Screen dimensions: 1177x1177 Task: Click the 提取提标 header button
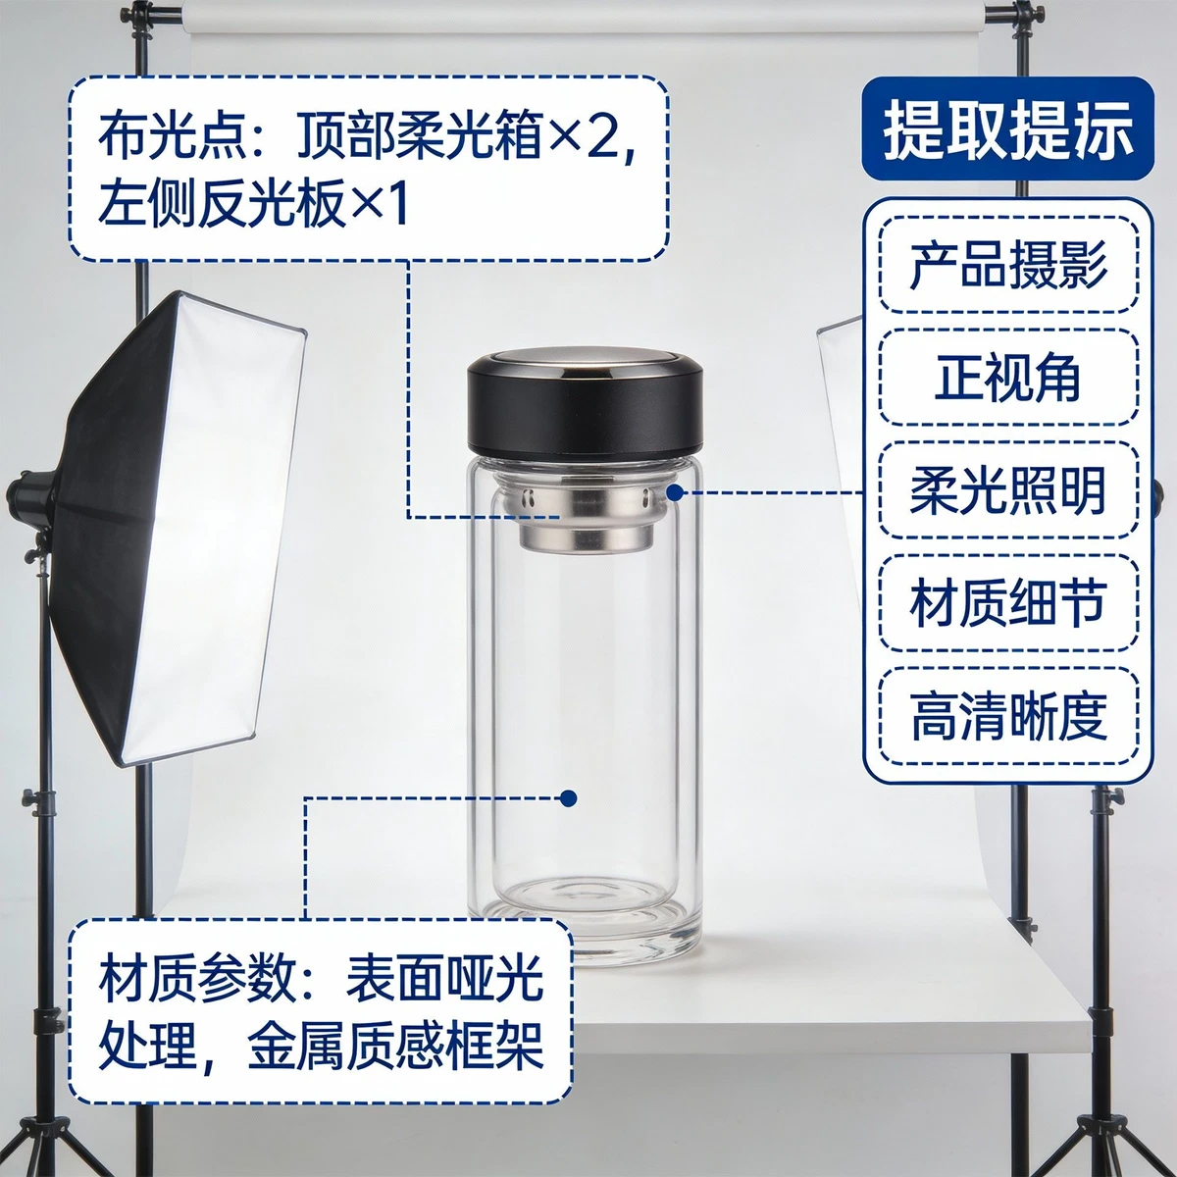(x=1007, y=128)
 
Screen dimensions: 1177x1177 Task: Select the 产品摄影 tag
(x=1008, y=265)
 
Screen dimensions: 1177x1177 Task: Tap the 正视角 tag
(x=1008, y=378)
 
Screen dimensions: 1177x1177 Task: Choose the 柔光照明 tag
(x=1008, y=489)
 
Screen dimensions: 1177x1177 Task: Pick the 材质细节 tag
(x=1008, y=602)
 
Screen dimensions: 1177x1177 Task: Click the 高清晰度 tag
(x=1008, y=715)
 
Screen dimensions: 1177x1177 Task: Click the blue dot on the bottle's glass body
(x=569, y=798)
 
